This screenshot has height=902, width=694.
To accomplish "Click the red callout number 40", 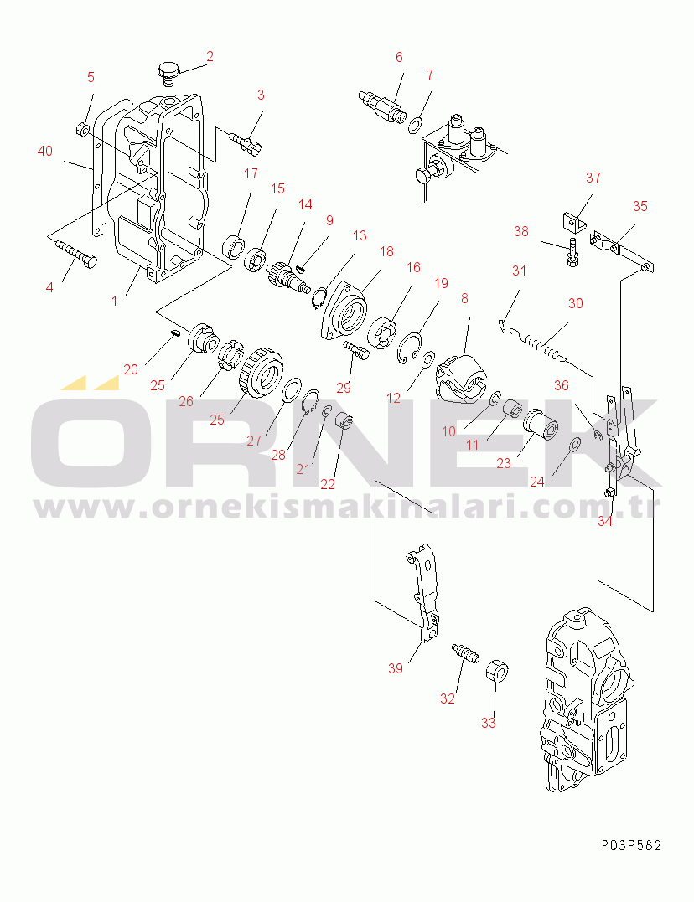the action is click(x=45, y=151).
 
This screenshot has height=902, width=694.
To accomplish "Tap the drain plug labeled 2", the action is click(x=168, y=73).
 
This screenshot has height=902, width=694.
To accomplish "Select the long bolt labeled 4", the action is click(x=76, y=253).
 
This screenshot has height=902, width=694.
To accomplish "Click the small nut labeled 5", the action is click(x=82, y=130).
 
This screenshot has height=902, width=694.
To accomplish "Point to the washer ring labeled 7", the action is click(x=415, y=125).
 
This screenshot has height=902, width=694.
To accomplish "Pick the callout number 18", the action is click(x=386, y=251).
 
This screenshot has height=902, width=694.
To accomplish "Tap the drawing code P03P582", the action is click(x=632, y=845).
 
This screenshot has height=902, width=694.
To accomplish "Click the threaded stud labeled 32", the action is click(x=465, y=653).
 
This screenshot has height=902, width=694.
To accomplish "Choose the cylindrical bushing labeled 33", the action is click(x=497, y=672).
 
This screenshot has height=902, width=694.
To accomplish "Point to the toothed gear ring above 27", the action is click(x=261, y=373).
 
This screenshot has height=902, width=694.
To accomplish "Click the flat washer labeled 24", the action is click(x=574, y=446).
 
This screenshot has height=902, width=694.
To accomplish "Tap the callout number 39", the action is click(x=395, y=668).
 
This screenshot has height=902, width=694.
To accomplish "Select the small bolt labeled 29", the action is click(x=356, y=350).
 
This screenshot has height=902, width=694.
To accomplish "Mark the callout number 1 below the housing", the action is click(x=114, y=301).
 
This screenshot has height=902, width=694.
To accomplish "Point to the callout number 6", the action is click(x=399, y=57).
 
